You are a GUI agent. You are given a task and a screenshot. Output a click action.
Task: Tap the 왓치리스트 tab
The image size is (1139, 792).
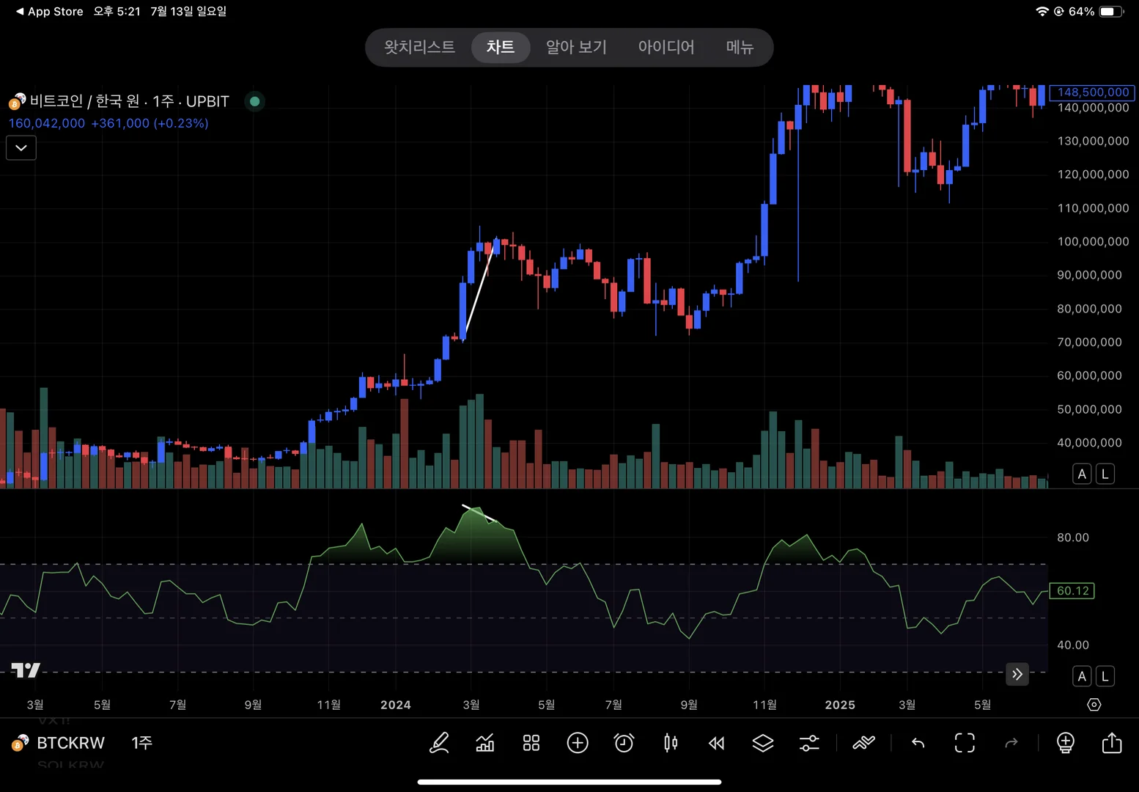(419, 48)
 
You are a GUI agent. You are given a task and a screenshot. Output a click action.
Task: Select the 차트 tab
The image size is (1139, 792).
(501, 48)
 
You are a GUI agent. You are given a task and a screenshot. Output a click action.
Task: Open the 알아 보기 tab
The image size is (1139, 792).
(576, 48)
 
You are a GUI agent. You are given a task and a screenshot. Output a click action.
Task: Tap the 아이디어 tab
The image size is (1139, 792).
(666, 48)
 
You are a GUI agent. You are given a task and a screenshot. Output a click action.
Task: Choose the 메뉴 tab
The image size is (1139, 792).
(740, 48)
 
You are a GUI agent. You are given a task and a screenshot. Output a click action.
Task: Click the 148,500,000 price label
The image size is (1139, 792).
(1092, 92)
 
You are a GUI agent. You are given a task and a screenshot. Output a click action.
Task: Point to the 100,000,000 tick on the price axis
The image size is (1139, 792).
(1093, 242)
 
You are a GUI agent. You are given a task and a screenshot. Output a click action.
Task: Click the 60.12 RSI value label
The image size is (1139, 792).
(1072, 591)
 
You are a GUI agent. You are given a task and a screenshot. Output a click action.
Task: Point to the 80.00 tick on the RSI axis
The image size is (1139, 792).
(1072, 538)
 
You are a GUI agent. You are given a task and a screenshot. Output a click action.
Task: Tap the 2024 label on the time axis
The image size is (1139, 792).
(396, 705)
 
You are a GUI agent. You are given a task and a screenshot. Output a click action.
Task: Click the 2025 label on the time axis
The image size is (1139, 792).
(840, 705)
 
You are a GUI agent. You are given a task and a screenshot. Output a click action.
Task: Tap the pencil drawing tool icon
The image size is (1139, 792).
(439, 743)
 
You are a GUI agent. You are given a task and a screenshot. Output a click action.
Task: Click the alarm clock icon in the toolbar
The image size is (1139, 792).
(624, 743)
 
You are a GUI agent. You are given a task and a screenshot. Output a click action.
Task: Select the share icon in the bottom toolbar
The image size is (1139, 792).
(1112, 743)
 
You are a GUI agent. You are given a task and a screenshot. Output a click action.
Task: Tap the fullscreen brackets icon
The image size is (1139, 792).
(965, 743)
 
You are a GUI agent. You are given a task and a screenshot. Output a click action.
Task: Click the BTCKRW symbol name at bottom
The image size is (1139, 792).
(70, 743)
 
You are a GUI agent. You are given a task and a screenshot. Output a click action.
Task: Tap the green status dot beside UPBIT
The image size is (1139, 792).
(254, 101)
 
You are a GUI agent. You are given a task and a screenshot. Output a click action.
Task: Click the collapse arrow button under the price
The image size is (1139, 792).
(21, 148)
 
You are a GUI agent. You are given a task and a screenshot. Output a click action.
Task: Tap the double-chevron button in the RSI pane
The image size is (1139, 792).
(1017, 674)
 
